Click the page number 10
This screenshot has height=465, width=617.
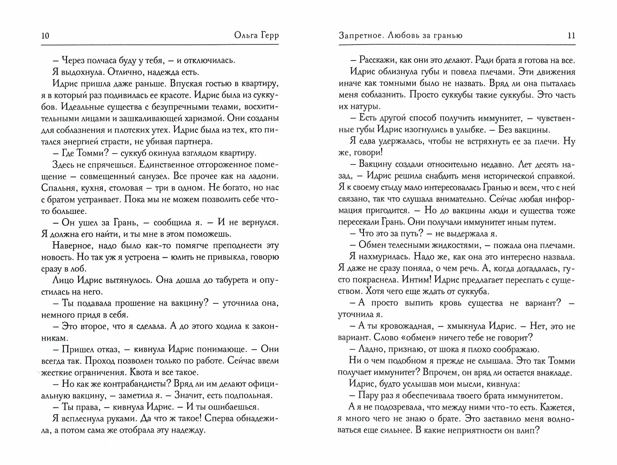[45, 36]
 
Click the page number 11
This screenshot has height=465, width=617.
[571, 36]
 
